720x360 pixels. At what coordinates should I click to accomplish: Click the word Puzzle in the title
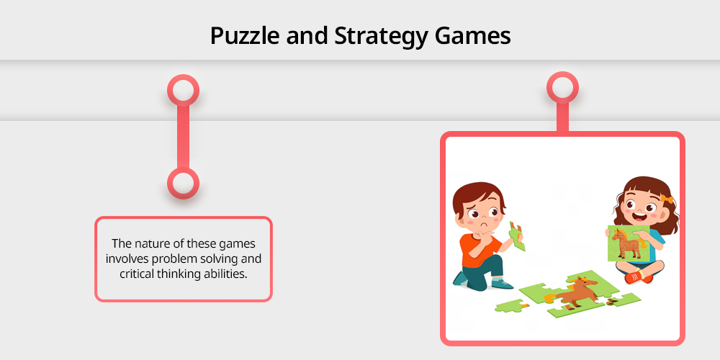[x=244, y=36]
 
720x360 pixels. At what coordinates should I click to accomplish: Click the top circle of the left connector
[x=183, y=90]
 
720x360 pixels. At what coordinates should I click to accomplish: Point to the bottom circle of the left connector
[x=183, y=183]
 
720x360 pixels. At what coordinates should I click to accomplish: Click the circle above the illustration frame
[x=562, y=87]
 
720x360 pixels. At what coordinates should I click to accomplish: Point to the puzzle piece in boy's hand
[x=517, y=235]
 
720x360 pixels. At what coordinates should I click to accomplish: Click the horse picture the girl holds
[x=628, y=243]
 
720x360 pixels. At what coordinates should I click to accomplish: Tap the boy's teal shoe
[x=502, y=284]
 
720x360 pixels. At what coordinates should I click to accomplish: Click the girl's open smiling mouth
[x=639, y=215]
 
